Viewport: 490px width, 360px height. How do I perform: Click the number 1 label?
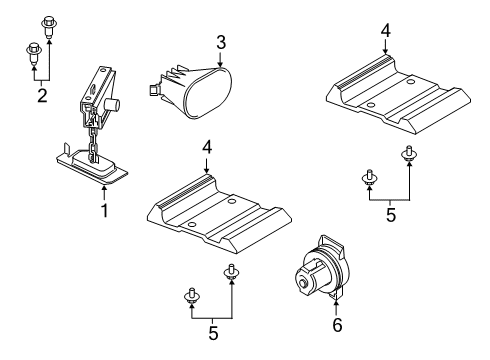click(104, 212)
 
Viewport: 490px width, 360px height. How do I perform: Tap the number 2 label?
click(41, 96)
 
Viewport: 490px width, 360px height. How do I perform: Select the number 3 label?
click(221, 42)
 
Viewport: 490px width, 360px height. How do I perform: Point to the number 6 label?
click(337, 325)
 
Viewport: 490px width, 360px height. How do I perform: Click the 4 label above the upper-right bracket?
click(385, 30)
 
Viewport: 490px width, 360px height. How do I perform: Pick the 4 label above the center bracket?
click(208, 146)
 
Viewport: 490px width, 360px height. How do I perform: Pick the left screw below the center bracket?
click(191, 297)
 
